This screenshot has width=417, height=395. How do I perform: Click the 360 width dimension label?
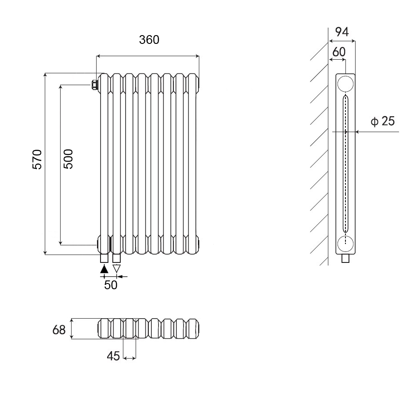pos(149,39)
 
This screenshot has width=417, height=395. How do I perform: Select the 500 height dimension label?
pos(68,159)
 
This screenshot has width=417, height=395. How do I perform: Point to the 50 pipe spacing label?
pos(111,285)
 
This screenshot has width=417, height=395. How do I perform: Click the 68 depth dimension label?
pos(59,330)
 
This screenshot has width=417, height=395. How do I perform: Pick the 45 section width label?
pos(113,356)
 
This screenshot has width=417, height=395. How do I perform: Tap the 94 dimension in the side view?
pos(342,32)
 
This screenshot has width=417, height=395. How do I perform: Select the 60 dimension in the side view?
pos(338,52)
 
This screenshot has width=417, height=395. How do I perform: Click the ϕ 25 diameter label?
pos(382,121)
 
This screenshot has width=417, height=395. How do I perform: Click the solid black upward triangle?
pos(104,269)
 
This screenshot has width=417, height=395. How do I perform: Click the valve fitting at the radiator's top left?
pos(94,85)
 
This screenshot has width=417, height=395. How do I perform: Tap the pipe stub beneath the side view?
pos(346,259)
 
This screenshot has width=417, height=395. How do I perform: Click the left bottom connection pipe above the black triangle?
pos(104,258)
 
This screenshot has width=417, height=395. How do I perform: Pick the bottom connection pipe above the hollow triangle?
pos(117,258)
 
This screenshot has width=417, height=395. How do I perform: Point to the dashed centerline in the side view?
pos(345,167)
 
